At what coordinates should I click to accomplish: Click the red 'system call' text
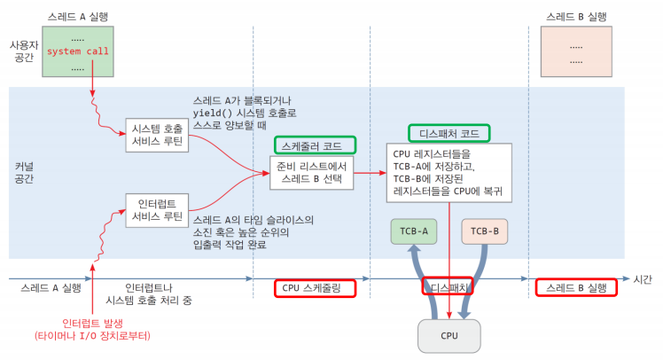tap(78, 51)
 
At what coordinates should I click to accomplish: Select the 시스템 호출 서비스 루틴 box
tap(155, 134)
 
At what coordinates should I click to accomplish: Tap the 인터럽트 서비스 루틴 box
tap(155, 208)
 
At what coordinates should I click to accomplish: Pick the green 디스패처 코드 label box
tap(449, 133)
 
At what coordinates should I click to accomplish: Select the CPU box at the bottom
tap(449, 335)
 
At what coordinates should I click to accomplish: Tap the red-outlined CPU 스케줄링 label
tap(315, 288)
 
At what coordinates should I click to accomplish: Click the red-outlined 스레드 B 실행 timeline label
tap(576, 288)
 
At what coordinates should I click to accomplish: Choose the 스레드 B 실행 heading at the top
tap(576, 15)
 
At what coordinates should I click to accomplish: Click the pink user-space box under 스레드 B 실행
tap(576, 51)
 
